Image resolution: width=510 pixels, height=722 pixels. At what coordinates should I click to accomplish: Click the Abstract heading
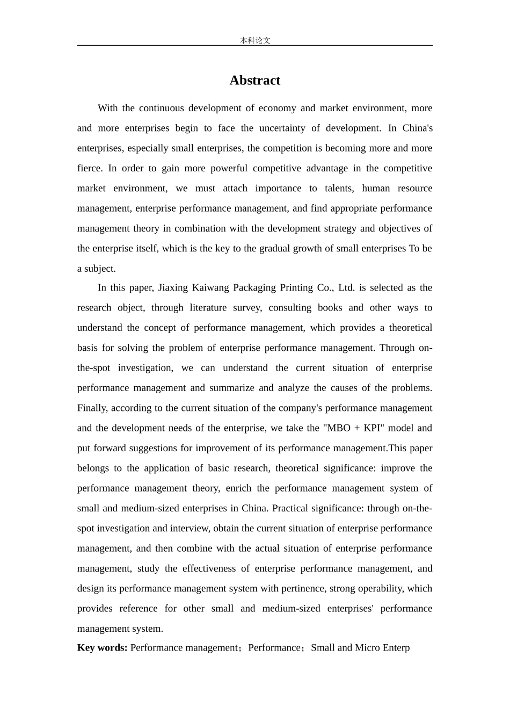pyautogui.click(x=254, y=81)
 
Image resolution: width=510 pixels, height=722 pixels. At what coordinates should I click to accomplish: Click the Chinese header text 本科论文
pyautogui.click(x=255, y=40)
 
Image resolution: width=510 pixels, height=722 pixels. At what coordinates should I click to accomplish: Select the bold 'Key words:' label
pyautogui.click(x=102, y=647)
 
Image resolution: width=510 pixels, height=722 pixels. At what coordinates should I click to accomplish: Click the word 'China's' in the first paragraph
pyautogui.click(x=417, y=128)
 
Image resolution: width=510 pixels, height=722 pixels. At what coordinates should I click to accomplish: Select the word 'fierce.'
pyautogui.click(x=89, y=168)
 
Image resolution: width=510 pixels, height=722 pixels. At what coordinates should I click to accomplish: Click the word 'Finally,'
pyautogui.click(x=92, y=408)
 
